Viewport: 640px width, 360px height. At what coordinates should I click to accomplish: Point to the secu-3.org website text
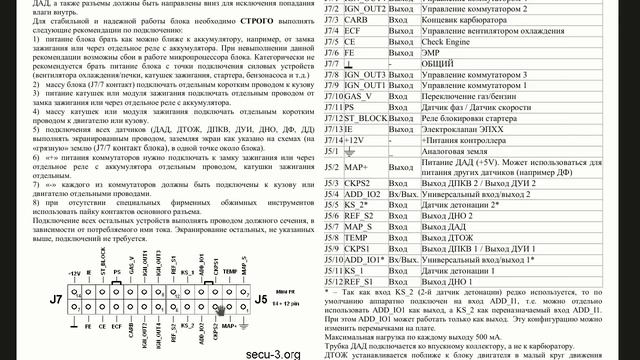[x=271, y=353]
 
